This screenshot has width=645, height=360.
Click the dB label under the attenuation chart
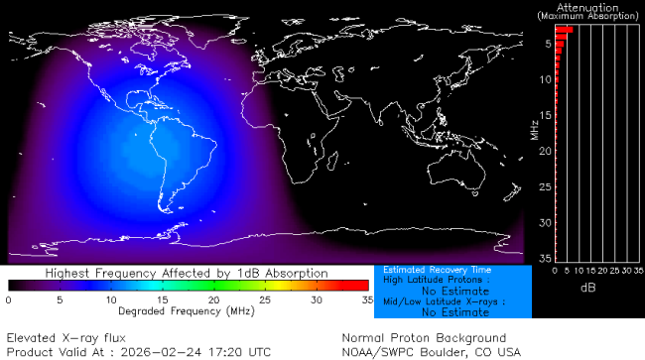click(587, 288)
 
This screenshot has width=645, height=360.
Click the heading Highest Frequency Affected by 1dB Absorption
click(187, 272)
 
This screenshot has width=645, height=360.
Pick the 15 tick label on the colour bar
click(162, 299)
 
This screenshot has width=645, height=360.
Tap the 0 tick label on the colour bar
click(8, 299)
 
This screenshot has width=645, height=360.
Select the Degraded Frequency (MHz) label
click(187, 309)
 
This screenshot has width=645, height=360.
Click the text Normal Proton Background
click(424, 337)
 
